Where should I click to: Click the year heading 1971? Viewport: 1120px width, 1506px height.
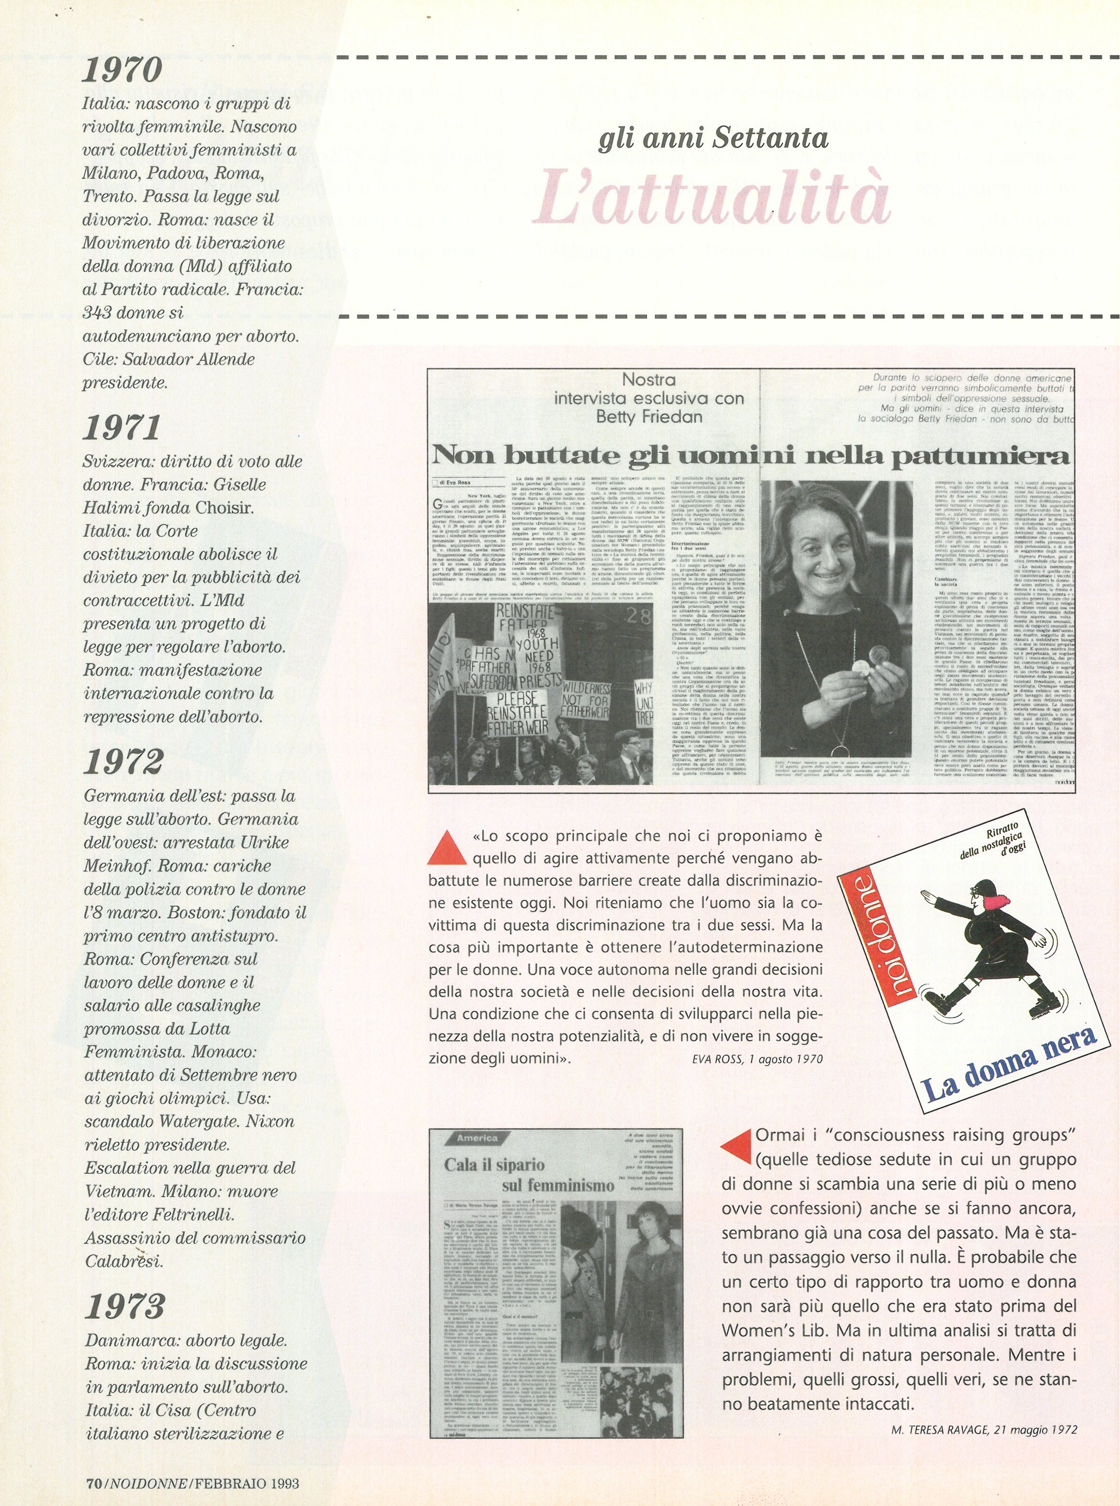tap(122, 427)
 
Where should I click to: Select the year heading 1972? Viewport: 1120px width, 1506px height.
tap(123, 761)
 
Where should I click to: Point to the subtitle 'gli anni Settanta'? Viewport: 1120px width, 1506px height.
tap(713, 138)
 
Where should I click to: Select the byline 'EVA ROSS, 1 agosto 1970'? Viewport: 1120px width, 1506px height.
tap(757, 1058)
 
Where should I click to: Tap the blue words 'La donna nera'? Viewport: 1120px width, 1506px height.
tap(1010, 1063)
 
